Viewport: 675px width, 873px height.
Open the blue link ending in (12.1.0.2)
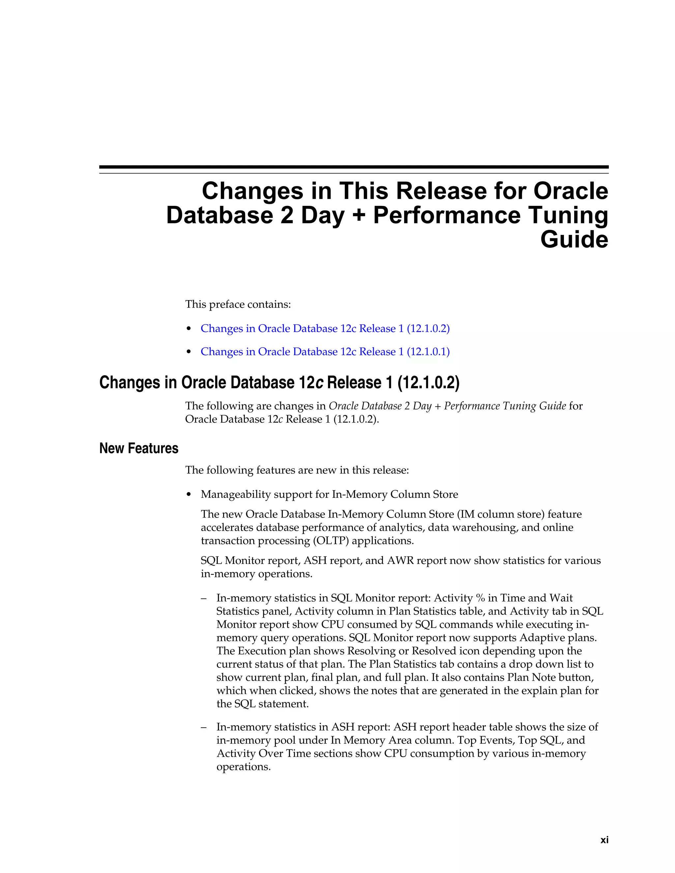tap(325, 328)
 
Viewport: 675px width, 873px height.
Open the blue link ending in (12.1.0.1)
tap(325, 352)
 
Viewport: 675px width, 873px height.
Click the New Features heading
tap(139, 448)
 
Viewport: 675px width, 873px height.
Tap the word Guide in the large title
tap(574, 240)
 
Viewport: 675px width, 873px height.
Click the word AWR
tap(401, 561)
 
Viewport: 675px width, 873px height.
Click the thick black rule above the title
tap(354, 167)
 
